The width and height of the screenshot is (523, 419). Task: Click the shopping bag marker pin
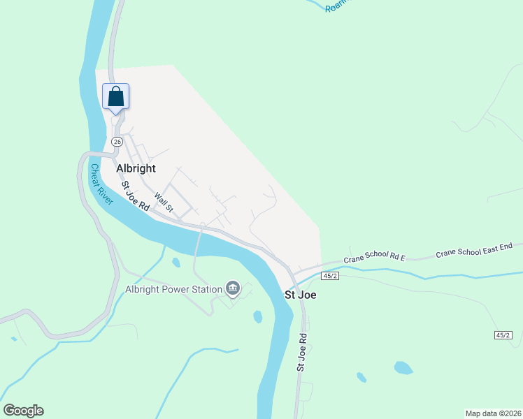116,96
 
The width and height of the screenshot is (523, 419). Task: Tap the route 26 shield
117,142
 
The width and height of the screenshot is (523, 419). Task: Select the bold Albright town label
136,168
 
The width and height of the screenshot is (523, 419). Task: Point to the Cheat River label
101,184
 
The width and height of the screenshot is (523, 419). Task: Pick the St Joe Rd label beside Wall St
136,196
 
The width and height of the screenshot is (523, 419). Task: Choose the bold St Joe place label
300,295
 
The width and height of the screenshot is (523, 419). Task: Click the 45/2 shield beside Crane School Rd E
331,276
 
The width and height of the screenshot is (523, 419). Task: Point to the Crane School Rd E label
375,258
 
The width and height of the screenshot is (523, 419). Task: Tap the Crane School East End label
474,250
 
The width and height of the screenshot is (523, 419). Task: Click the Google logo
23,411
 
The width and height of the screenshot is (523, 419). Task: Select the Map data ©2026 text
492,413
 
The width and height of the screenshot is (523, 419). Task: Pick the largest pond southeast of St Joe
403,367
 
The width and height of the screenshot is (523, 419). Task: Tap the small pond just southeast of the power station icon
258,316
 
